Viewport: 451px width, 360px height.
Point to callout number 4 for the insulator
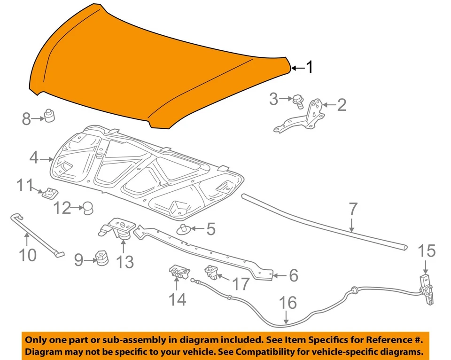[33, 158]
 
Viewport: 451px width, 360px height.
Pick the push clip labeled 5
[183, 229]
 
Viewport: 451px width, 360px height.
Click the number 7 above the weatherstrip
[353, 210]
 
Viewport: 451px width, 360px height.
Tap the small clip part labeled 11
[48, 193]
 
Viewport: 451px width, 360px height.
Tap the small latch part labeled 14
[177, 272]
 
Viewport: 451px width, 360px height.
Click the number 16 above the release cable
[288, 303]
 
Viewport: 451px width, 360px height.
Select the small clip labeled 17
[211, 271]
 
